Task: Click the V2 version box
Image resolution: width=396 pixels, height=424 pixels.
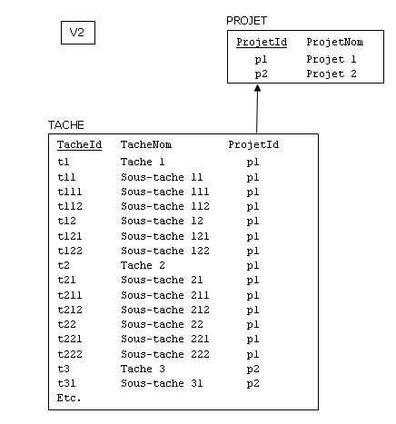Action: coord(78,33)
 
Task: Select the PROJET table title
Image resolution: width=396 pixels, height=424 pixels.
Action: coord(247,21)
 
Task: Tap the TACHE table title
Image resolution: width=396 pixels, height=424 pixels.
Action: coord(66,125)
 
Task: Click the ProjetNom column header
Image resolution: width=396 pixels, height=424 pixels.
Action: coord(335,42)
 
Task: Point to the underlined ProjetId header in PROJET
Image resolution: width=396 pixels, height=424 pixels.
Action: coord(262,42)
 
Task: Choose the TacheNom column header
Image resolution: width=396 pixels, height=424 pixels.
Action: coord(146,144)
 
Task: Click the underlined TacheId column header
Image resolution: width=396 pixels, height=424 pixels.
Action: coord(79,144)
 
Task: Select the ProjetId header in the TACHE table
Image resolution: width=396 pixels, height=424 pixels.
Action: coord(253,144)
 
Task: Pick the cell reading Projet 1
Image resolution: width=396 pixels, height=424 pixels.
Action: coord(332,59)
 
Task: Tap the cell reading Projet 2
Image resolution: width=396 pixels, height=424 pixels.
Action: coord(332,74)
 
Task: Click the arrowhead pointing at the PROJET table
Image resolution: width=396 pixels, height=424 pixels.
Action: coord(257,88)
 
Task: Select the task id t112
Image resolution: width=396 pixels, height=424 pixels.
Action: coord(70,206)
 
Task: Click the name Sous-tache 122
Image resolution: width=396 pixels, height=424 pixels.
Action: coord(165,251)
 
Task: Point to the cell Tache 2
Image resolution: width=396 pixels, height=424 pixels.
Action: coord(143,265)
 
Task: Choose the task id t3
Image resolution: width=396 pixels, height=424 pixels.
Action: coord(64,369)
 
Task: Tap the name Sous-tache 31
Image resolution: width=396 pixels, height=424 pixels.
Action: coord(162,383)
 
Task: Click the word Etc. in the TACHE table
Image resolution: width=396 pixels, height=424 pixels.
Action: coord(69,398)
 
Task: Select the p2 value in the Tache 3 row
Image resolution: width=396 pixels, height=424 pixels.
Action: coord(252,370)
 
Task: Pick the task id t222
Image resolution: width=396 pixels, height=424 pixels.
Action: coord(70,354)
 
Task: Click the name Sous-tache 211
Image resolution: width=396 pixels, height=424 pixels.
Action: coord(165,295)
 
